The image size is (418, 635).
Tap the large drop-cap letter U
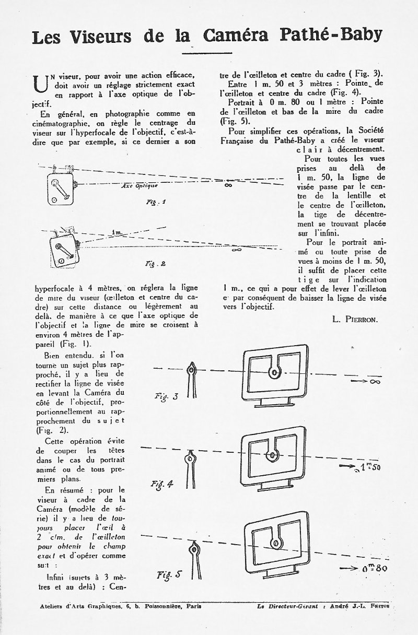click(x=39, y=84)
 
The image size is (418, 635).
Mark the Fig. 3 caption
click(x=168, y=397)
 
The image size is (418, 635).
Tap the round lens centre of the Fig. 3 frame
click(x=273, y=372)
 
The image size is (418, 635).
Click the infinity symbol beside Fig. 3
click(x=375, y=383)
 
